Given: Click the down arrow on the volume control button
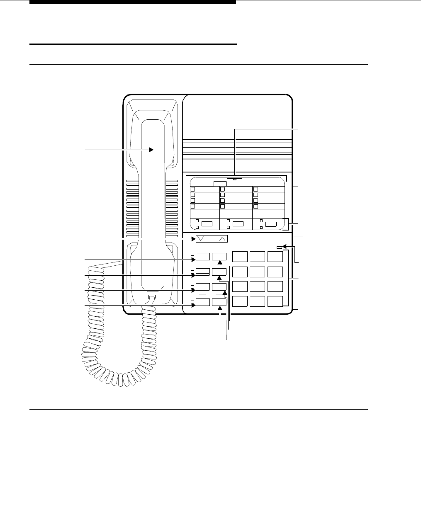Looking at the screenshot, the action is click(201, 239).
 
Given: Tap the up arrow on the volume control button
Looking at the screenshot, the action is click(222, 239).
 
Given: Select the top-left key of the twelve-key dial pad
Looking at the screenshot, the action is click(240, 257).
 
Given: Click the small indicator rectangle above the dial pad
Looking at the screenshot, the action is click(279, 248).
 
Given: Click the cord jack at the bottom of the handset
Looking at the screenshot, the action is click(152, 297).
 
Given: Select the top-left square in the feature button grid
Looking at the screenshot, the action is click(192, 189).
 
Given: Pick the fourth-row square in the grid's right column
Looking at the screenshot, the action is click(256, 206).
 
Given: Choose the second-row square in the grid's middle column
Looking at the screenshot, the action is click(222, 194).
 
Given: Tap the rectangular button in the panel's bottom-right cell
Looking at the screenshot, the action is click(271, 224).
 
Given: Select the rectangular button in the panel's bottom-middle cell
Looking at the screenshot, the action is click(238, 224).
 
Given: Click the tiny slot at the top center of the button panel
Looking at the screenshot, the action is click(234, 180).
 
